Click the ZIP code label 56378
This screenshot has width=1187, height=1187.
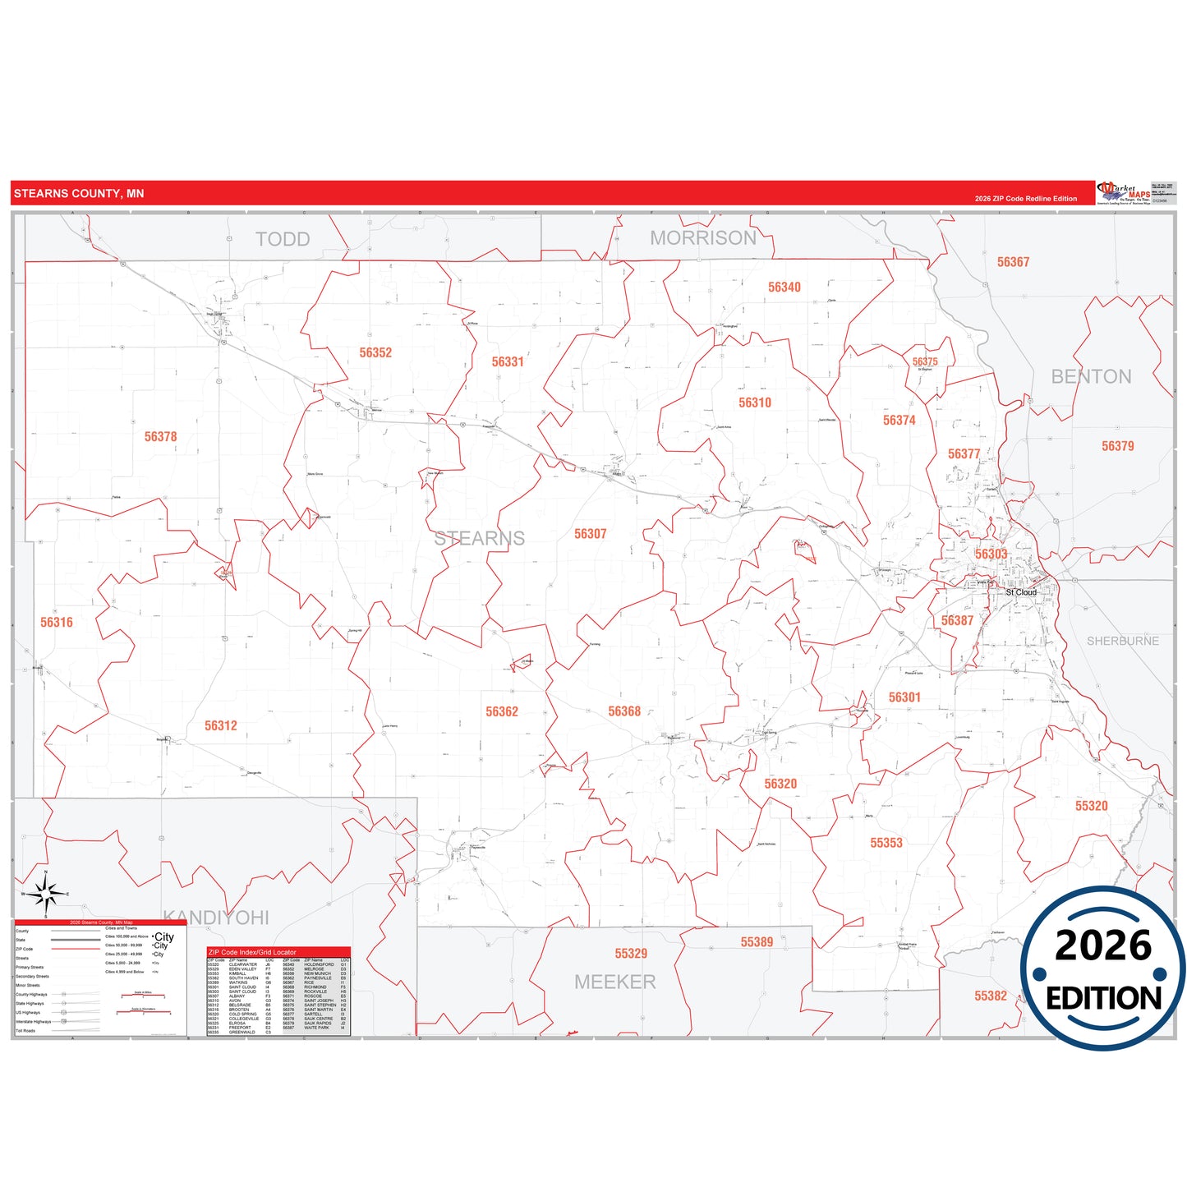161,437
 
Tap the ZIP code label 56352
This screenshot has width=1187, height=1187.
375,353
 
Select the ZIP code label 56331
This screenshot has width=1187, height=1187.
508,362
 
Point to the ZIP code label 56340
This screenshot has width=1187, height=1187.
784,288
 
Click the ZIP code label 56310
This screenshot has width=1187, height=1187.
755,403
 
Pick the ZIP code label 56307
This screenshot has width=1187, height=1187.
591,535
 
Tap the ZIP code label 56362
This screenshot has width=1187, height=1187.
502,712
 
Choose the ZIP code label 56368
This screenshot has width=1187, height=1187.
624,711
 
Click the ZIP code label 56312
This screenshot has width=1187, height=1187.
221,726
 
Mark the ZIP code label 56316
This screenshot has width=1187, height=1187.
57,623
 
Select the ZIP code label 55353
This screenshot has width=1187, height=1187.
886,844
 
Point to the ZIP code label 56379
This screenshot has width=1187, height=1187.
1118,447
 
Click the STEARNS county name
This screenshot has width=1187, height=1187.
480,539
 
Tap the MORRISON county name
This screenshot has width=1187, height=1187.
703,238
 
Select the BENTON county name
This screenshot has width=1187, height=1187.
1092,377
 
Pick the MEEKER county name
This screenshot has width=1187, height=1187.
615,982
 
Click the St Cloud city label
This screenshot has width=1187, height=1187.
1022,592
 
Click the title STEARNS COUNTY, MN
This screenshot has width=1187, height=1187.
79,194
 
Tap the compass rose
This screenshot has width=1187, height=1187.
46,894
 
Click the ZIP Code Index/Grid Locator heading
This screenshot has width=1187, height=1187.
252,953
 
